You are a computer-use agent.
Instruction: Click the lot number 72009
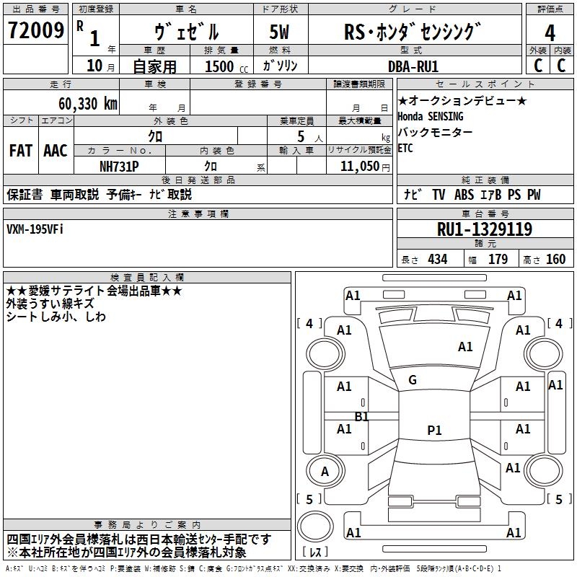coord(35,31)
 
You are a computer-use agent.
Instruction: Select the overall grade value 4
coord(550,32)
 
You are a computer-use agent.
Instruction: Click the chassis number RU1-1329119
coord(485,230)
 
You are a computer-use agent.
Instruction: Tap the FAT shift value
coord(21,151)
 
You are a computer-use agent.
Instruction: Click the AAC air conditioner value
coord(56,151)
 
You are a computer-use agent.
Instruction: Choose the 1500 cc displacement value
coord(221,66)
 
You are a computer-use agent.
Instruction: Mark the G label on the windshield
coord(413,380)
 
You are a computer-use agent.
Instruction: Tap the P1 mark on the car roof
coord(434,431)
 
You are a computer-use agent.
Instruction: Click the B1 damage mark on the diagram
coord(361,417)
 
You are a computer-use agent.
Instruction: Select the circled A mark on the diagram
coord(325,472)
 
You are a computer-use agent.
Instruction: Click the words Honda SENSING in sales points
coord(431,116)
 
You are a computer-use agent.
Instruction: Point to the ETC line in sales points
coord(405,149)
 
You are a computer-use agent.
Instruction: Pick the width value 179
coord(498,260)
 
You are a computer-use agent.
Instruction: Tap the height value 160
coord(555,260)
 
